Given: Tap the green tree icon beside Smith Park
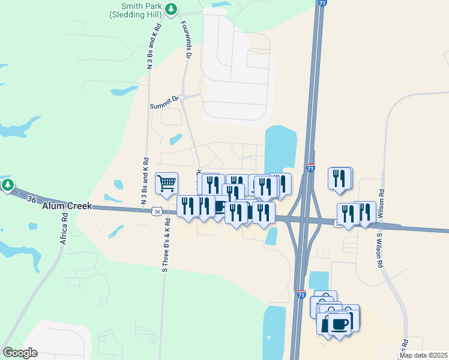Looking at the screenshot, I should [x=172, y=8].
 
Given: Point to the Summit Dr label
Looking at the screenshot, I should [x=164, y=102].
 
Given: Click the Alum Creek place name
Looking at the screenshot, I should [x=67, y=206].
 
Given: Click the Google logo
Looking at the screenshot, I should [x=20, y=353].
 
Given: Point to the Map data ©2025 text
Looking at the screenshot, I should [x=423, y=355].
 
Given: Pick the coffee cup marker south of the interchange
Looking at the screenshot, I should [x=339, y=324].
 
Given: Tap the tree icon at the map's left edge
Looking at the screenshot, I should [x=7, y=185].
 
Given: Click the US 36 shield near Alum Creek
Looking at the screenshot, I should [x=156, y=211].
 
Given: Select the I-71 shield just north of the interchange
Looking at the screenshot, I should [x=310, y=169].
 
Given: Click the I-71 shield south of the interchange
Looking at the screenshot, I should [x=301, y=295].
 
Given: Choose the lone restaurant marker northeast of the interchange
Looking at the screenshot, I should [x=340, y=178].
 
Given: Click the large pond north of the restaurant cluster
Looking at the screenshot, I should [x=280, y=147].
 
